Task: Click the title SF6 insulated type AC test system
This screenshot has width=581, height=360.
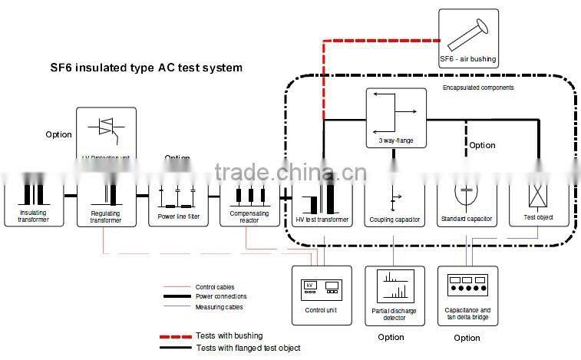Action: (x=146, y=68)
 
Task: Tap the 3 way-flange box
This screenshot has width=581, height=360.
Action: (x=394, y=117)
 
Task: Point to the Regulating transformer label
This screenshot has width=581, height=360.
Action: (x=107, y=218)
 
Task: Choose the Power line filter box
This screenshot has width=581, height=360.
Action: (x=178, y=204)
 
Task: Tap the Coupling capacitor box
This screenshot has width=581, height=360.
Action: (x=394, y=203)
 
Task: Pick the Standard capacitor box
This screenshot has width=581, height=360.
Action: (x=467, y=203)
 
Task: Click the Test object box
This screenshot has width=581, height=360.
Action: (x=539, y=203)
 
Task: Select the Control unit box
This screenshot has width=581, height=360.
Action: (x=322, y=294)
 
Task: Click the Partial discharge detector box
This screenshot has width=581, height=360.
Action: (x=394, y=295)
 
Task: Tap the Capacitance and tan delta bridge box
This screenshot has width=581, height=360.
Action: (x=467, y=295)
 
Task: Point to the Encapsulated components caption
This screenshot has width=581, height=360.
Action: (x=478, y=88)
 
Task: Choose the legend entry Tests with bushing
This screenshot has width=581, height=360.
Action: (x=229, y=335)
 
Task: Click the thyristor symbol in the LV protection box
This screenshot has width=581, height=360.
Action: (x=107, y=127)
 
